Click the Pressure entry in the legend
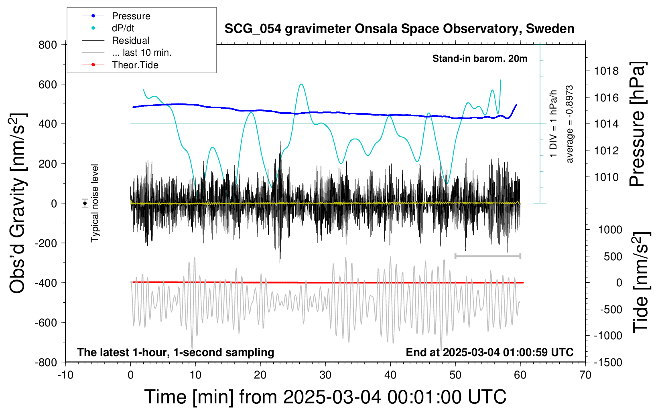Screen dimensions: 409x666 (131, 16)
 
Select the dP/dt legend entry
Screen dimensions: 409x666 (123, 28)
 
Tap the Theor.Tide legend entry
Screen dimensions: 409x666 (135, 65)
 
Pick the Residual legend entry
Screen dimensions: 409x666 (130, 40)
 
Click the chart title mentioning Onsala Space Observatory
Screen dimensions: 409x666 (399, 29)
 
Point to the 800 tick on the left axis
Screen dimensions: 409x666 (48, 45)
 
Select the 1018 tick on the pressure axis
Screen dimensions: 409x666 (606, 71)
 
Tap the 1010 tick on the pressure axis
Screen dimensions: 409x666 (606, 177)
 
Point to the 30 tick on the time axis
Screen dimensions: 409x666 (325, 375)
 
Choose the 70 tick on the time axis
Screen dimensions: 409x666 (585, 375)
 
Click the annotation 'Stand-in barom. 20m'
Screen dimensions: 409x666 (479, 59)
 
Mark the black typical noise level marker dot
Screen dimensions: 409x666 (85, 203)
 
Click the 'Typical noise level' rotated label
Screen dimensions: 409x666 (95, 203)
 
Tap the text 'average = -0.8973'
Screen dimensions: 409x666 (569, 124)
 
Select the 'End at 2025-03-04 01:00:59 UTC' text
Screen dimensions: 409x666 (489, 352)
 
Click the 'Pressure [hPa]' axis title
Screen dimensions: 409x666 (637, 124)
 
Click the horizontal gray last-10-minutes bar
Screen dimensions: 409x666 (487, 256)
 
